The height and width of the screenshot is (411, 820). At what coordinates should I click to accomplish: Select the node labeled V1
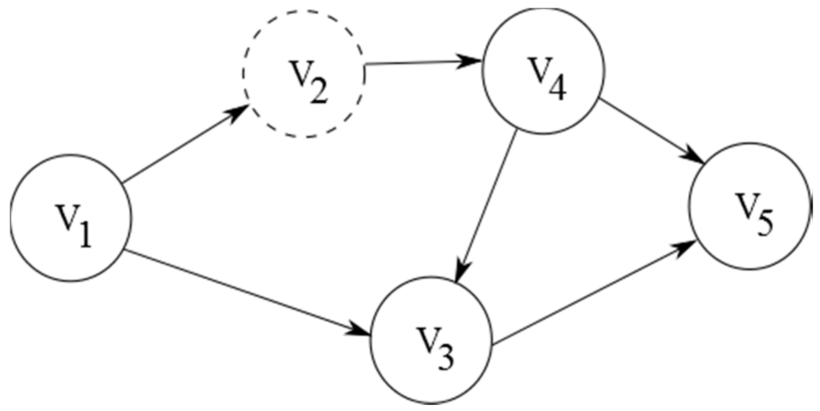[71, 218]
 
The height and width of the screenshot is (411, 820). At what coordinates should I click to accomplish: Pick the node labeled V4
[543, 71]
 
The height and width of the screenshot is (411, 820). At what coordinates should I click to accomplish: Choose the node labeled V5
[750, 206]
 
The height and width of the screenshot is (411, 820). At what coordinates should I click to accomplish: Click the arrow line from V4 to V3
[488, 204]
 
